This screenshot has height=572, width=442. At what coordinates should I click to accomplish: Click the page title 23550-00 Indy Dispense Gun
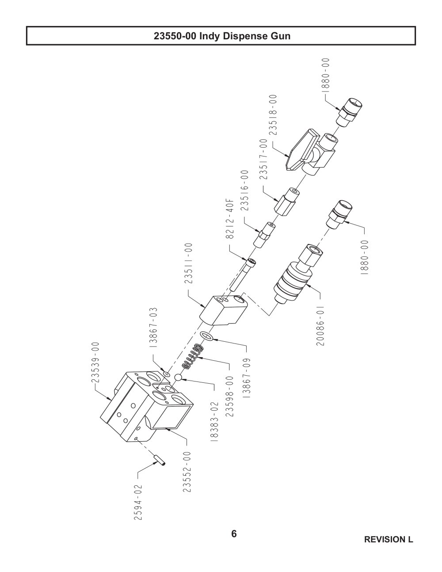[x=222, y=36]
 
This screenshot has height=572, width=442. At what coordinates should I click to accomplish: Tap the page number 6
[x=234, y=534]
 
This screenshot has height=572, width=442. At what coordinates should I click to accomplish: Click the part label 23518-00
[x=274, y=115]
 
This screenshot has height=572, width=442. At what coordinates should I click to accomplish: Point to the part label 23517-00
[x=263, y=159]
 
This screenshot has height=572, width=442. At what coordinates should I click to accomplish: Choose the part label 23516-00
[x=244, y=191]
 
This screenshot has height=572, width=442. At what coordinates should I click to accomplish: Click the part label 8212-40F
[x=230, y=218]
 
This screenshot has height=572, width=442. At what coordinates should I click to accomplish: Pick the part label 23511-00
[x=188, y=263]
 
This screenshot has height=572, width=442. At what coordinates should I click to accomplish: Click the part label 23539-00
[x=95, y=362]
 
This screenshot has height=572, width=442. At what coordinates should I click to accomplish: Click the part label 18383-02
[x=215, y=421]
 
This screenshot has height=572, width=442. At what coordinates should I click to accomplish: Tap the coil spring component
[x=193, y=357]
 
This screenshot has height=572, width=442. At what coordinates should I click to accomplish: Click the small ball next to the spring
[x=179, y=378]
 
